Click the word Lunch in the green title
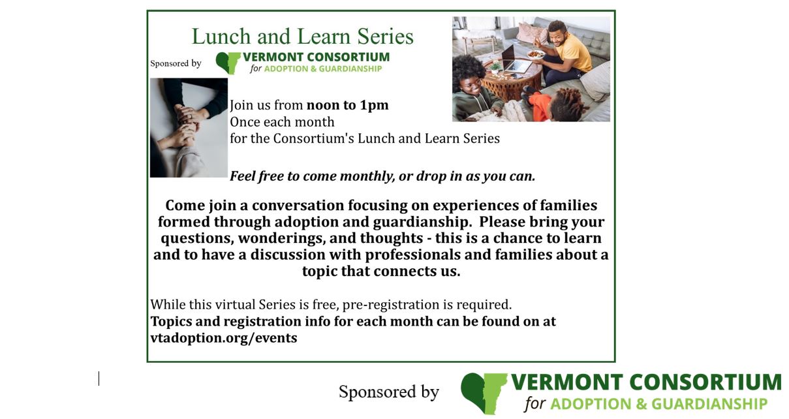[x=221, y=37]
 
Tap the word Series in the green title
[x=385, y=37]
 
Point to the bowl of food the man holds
[x=536, y=54]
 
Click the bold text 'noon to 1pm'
[x=347, y=105]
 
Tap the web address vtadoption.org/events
[x=224, y=338]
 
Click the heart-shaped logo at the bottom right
[x=484, y=394]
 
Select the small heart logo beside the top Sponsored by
[x=228, y=63]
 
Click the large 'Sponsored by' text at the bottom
[x=389, y=392]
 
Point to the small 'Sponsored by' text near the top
[x=176, y=63]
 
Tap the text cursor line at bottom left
[x=99, y=379]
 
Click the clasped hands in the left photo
[x=185, y=126]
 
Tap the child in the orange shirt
[x=557, y=103]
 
